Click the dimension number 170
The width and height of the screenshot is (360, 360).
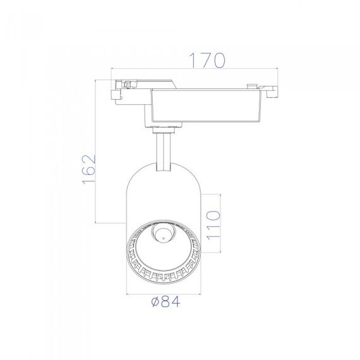pos(207,61)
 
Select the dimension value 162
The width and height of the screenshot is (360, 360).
pos(88,170)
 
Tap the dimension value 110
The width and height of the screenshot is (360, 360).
pos(213,225)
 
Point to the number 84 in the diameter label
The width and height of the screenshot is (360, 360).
pos(171,301)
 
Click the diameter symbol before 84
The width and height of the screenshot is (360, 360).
pos(155,302)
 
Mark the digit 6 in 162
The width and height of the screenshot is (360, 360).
pos(88,170)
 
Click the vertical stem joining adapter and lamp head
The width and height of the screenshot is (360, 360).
pos(163,152)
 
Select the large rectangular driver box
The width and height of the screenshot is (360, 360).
pos(206,105)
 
